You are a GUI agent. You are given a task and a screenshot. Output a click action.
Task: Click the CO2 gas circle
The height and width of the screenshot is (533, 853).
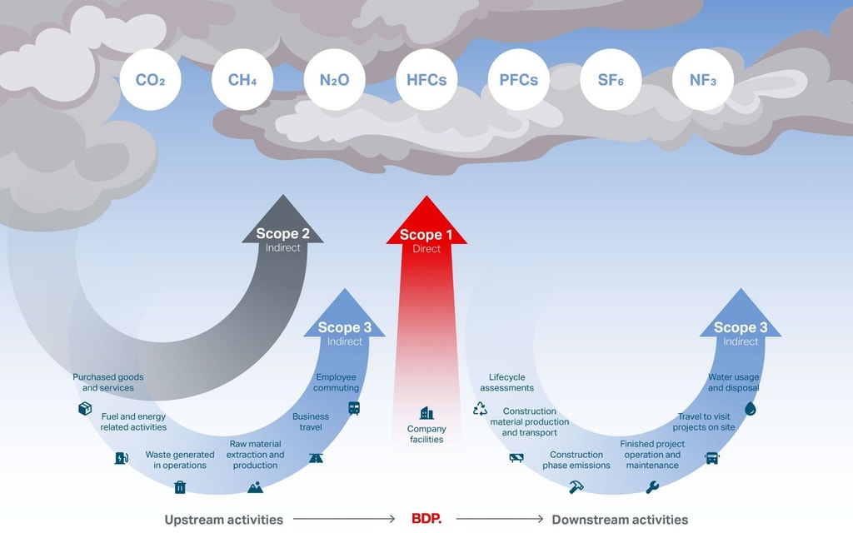tap(150, 80)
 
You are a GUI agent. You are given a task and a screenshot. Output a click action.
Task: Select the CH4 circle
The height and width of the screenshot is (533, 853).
tap(242, 80)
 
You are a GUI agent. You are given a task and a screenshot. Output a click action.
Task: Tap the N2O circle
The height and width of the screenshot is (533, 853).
tap(334, 80)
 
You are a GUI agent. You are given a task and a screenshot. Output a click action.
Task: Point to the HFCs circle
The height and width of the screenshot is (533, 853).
tap(426, 80)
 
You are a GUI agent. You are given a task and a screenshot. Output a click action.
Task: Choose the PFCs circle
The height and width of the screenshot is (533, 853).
tap(518, 80)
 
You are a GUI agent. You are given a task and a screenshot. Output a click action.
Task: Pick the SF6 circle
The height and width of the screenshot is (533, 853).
tap(611, 80)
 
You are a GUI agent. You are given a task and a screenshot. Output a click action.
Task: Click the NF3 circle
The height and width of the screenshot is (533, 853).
tap(702, 80)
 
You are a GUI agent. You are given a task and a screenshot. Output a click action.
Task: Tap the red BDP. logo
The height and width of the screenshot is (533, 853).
tap(426, 519)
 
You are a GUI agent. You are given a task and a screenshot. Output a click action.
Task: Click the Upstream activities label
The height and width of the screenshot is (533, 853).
tap(223, 520)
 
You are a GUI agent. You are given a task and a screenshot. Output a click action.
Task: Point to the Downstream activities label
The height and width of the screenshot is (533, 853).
tap(620, 520)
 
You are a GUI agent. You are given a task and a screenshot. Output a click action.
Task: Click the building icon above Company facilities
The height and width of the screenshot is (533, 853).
tap(426, 413)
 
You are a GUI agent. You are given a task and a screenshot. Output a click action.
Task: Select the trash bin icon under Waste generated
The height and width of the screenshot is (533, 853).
tap(180, 487)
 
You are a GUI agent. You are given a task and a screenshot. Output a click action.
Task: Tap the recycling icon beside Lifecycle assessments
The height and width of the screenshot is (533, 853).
tap(480, 408)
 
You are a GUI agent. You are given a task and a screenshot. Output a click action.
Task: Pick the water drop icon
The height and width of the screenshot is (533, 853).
tap(750, 409)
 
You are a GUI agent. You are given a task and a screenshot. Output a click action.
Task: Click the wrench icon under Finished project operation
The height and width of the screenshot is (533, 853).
tap(652, 487)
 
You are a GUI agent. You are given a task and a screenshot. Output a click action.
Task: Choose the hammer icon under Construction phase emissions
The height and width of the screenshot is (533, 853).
tap(576, 487)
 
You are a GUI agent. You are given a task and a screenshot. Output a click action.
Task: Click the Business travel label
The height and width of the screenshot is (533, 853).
tap(311, 421)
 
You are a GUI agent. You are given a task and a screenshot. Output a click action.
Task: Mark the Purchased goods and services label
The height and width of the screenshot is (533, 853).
tap(107, 382)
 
